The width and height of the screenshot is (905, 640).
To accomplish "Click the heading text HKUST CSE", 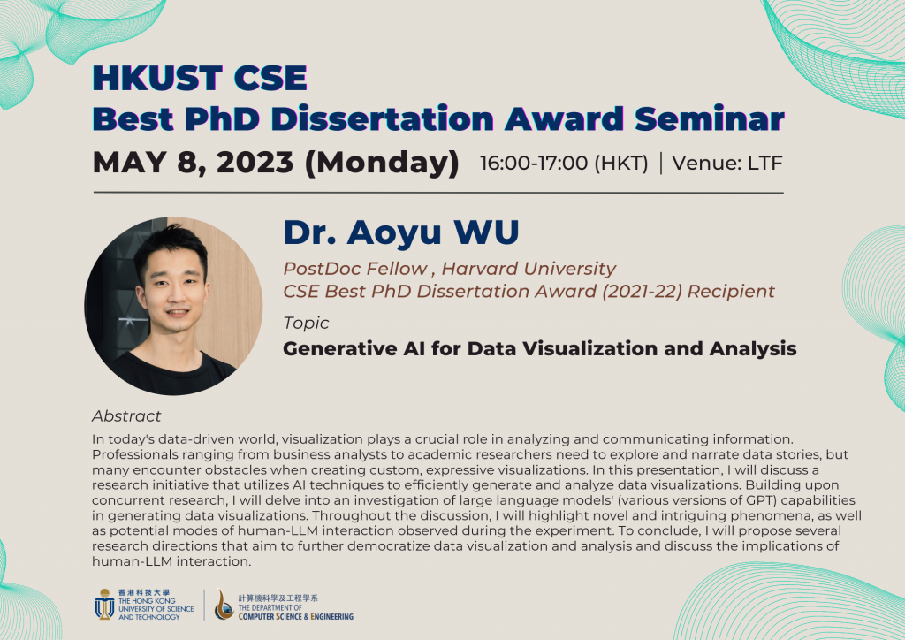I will pyautogui.click(x=200, y=80).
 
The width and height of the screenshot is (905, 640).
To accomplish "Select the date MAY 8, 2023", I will pyautogui.click(x=194, y=164).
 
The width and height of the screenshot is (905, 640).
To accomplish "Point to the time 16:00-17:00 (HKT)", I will pyautogui.click(x=564, y=164).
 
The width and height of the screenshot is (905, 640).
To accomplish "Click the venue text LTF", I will pyautogui.click(x=764, y=164).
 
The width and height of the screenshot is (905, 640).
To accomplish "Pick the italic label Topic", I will pyautogui.click(x=306, y=323).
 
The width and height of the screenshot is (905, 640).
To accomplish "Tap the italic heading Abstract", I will pyautogui.click(x=126, y=415).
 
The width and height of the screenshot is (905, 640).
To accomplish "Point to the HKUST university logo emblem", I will pyautogui.click(x=104, y=606).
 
